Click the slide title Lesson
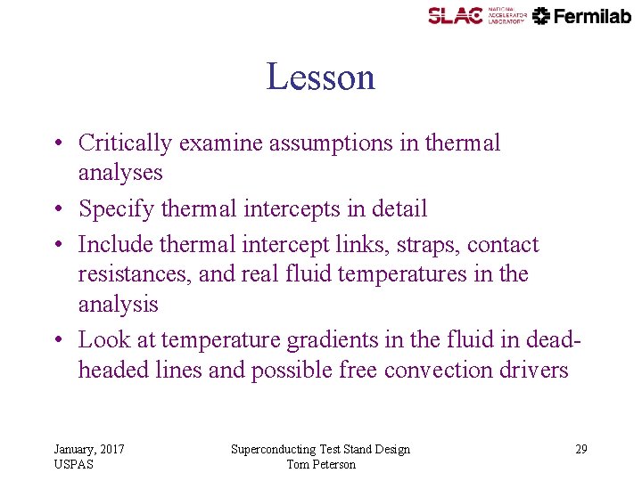tap(320, 77)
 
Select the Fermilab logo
tap(582, 15)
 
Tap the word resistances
tap(134, 274)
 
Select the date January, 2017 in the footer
tap(89, 450)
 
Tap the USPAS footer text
tap(73, 464)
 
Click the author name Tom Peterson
tap(321, 464)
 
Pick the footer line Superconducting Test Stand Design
tap(320, 450)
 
